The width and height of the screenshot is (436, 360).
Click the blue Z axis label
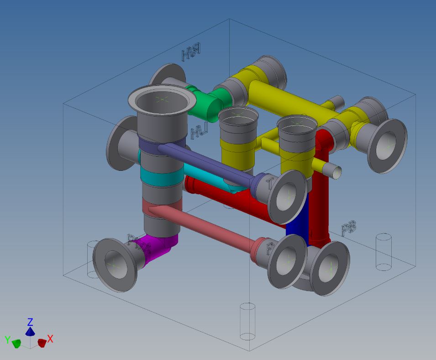pyautogui.click(x=30, y=322)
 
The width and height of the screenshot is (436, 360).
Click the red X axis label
pyautogui.click(x=50, y=339)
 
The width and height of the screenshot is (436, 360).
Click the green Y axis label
pyautogui.click(x=7, y=339)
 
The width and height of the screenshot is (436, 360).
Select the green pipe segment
pyautogui.click(x=211, y=102)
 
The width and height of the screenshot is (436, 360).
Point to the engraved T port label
pyautogui.click(x=270, y=184)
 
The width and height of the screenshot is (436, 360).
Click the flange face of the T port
pyautogui.click(x=288, y=196)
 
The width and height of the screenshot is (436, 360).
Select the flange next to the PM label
pyautogui.click(x=114, y=264)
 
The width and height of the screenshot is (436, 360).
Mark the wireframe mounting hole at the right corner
pyautogui.click(x=383, y=252)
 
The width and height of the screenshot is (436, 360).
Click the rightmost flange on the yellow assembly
pyautogui.click(x=388, y=145)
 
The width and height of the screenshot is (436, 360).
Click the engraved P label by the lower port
pyautogui.click(x=269, y=249)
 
